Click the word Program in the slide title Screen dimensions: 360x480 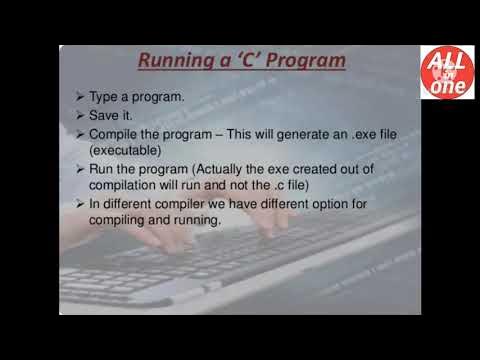(302, 61)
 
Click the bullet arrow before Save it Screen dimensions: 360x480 (80, 115)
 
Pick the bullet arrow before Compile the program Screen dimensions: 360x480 (80, 134)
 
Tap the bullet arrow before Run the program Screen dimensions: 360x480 (80, 170)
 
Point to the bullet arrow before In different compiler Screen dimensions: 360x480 (80, 205)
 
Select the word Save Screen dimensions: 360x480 (104, 115)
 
